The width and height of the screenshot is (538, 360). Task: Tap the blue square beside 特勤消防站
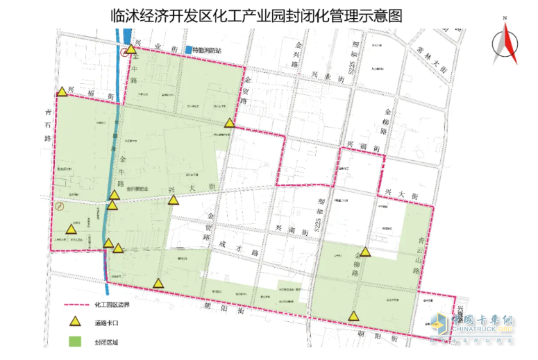[x=188, y=50]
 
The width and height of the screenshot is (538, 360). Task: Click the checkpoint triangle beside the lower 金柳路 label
[x=365, y=252]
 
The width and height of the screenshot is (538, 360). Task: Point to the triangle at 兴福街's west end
[x=62, y=91]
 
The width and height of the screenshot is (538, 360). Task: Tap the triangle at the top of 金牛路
[x=131, y=49]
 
